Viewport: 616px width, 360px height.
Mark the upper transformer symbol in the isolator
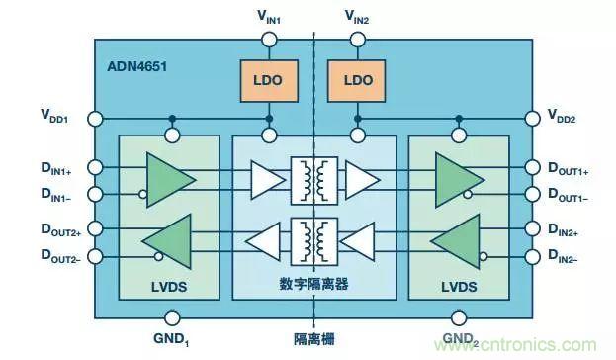point(314,179)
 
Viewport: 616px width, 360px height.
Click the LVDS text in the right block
point(457,287)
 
